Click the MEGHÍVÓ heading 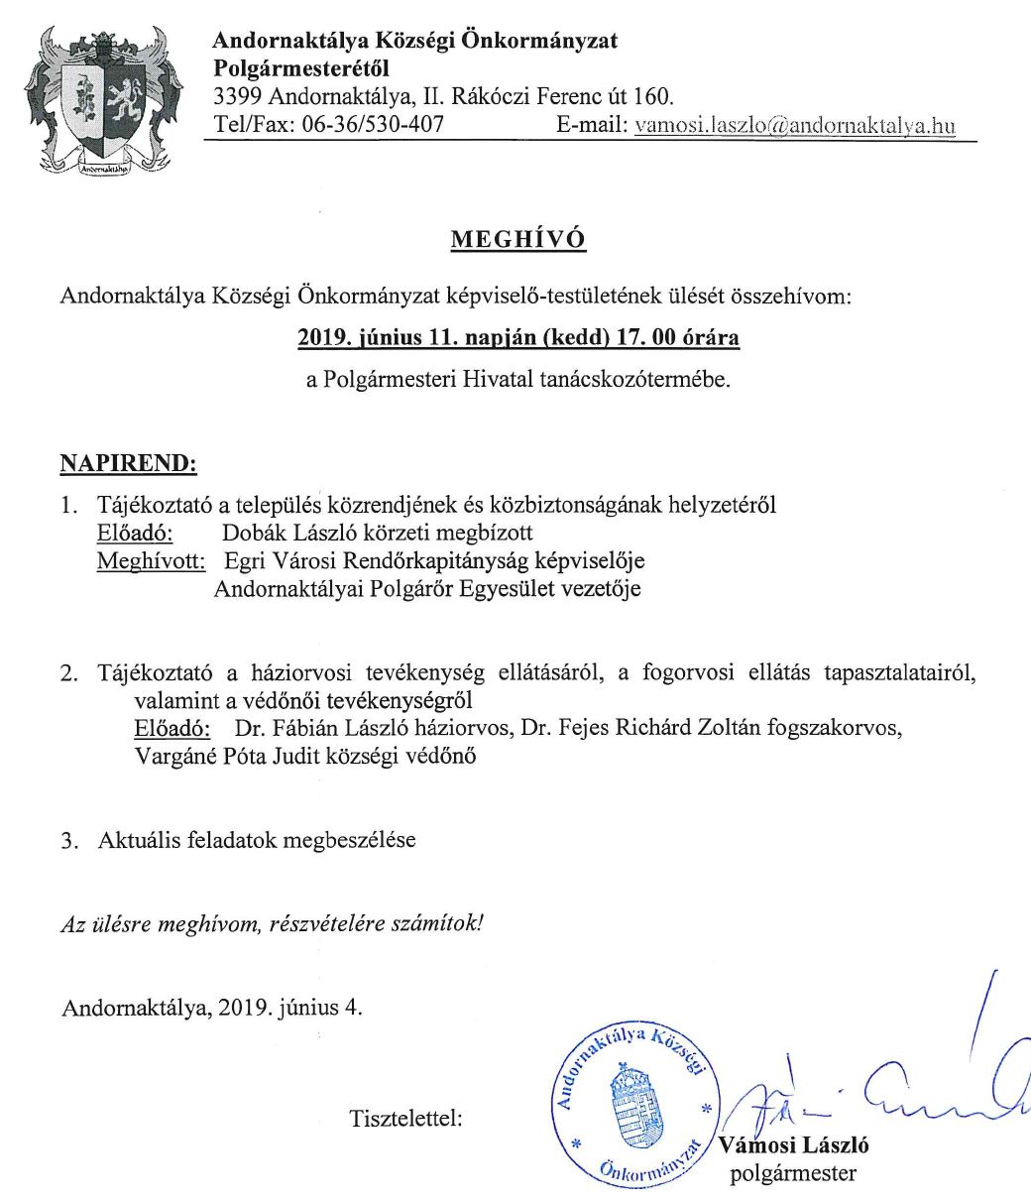click(x=517, y=240)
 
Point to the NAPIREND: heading click(x=129, y=463)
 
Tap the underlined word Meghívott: click(x=151, y=561)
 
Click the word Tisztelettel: click(x=406, y=1119)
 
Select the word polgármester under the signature click(x=792, y=1175)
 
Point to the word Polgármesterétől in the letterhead click(x=301, y=69)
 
